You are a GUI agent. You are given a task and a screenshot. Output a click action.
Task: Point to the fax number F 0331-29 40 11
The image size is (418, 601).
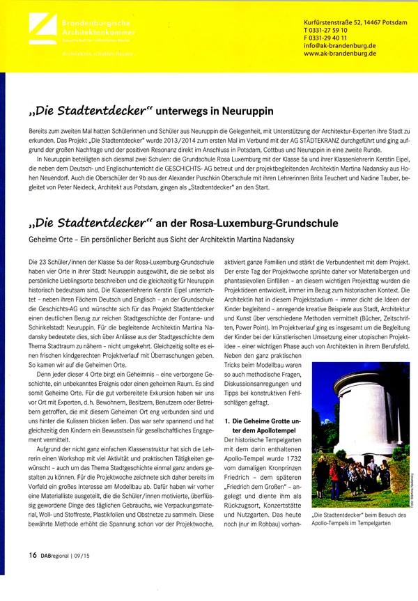coord(330,38)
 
